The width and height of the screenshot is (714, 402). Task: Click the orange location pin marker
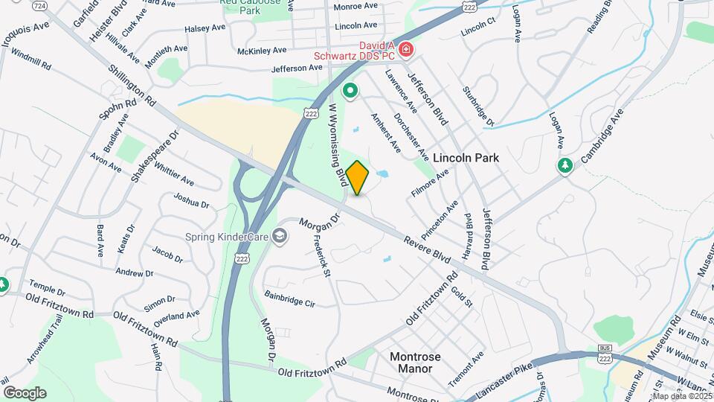[357, 177]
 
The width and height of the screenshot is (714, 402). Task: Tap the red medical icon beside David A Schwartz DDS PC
[406, 50]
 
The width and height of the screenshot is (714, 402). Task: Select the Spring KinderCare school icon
[279, 237]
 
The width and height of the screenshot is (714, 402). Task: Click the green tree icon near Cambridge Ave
[565, 165]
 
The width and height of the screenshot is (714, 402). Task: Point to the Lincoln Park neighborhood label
[466, 158]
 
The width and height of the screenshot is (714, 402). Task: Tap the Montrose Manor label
[415, 362]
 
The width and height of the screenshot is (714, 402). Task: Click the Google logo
[25, 392]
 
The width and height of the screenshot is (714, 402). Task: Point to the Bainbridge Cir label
[290, 299]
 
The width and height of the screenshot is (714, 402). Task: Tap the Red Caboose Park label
[250, 7]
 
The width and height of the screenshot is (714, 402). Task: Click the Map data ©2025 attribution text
[681, 396]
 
